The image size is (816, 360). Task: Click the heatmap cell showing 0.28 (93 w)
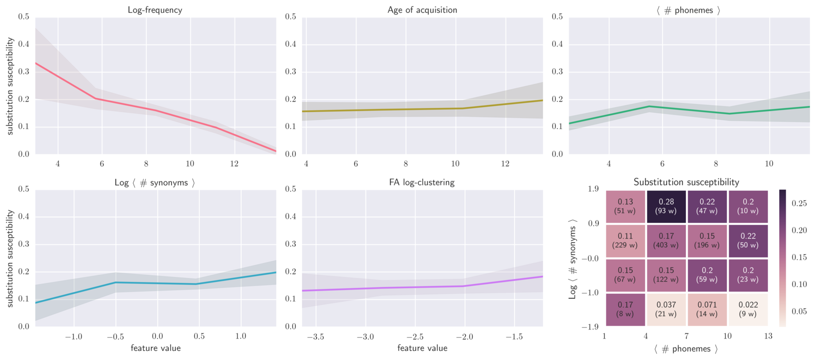tap(666, 207)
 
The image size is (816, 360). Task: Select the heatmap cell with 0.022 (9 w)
tap(748, 309)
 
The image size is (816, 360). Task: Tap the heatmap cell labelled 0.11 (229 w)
tap(625, 241)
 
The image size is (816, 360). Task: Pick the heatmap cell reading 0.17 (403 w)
tap(666, 241)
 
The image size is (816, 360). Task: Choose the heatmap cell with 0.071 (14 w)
tap(707, 309)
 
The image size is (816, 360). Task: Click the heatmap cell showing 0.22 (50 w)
tap(748, 241)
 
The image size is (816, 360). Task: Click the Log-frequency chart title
tap(155, 10)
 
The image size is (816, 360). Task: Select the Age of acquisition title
tap(422, 10)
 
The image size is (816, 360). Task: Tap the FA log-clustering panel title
tap(422, 183)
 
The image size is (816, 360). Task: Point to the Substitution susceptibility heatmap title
tap(686, 182)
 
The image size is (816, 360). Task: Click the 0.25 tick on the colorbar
tap(799, 203)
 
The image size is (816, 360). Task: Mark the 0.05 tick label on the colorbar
tap(799, 312)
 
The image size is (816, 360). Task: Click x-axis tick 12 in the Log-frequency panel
tap(234, 164)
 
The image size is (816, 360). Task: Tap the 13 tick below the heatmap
tap(768, 336)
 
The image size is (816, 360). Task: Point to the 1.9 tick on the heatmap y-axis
tap(593, 189)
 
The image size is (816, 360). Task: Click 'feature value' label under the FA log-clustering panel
tap(422, 348)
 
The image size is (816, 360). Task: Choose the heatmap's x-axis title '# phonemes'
tap(686, 349)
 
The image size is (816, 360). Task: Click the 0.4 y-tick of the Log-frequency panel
tap(23, 44)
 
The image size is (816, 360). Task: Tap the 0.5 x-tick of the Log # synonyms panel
tap(199, 337)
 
